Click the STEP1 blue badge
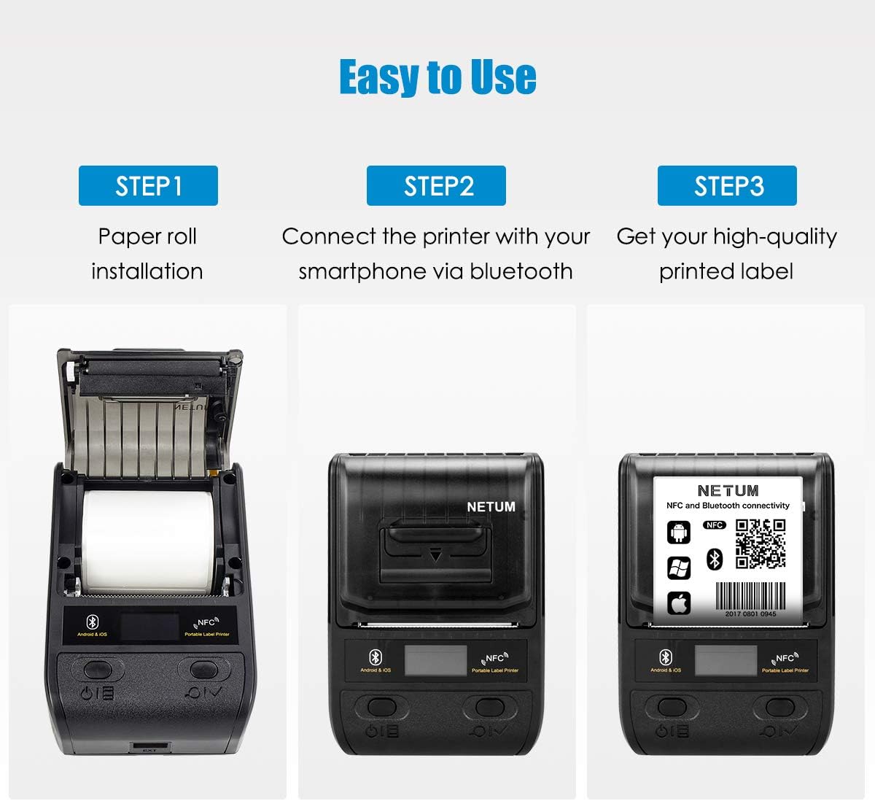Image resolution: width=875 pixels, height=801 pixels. (148, 186)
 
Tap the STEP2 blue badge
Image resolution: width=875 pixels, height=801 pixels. (436, 186)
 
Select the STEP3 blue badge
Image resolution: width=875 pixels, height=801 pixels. (727, 186)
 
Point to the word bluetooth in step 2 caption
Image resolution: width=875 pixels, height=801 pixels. (521, 271)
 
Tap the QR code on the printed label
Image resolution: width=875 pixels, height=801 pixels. (760, 543)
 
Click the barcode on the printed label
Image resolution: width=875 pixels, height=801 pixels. (750, 597)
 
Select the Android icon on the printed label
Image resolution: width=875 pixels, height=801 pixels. (679, 533)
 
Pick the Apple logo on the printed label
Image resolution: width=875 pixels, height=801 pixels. (679, 603)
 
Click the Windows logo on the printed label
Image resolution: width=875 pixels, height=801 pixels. (679, 568)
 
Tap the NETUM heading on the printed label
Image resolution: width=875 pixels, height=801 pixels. (728, 491)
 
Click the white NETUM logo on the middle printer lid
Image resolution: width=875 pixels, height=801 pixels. (491, 506)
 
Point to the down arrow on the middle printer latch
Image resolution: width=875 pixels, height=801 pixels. (435, 556)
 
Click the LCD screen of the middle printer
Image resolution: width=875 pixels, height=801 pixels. (436, 661)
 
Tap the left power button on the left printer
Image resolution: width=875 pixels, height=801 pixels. (97, 669)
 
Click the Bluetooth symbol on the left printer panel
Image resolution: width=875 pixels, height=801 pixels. (93, 622)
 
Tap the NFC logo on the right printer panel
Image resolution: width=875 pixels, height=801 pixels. (785, 659)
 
